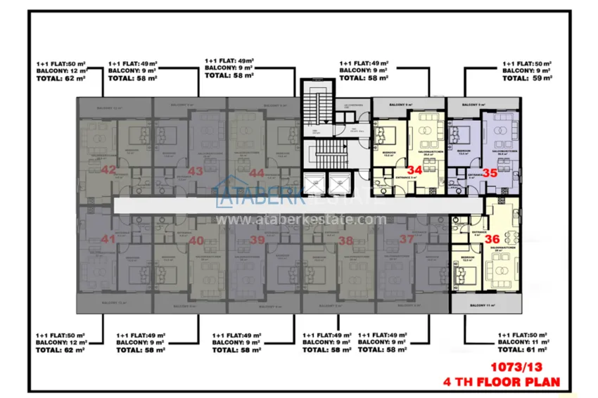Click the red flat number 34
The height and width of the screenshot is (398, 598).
tap(414, 170)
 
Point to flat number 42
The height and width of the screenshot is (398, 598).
tap(108, 170)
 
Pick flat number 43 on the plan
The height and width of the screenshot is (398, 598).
tap(196, 171)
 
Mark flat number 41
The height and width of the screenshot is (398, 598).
tap(108, 240)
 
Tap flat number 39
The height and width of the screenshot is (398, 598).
tap(257, 240)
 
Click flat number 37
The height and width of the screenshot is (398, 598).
tap(407, 240)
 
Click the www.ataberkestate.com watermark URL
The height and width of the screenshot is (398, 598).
tap(301, 219)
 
